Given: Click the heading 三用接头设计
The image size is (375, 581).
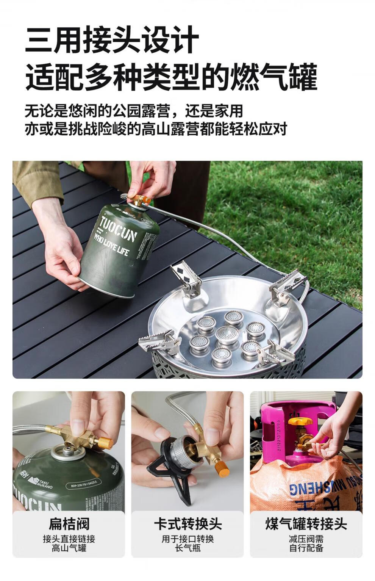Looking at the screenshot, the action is tap(112, 39).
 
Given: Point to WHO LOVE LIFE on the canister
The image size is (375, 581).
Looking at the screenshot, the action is tap(111, 246).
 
